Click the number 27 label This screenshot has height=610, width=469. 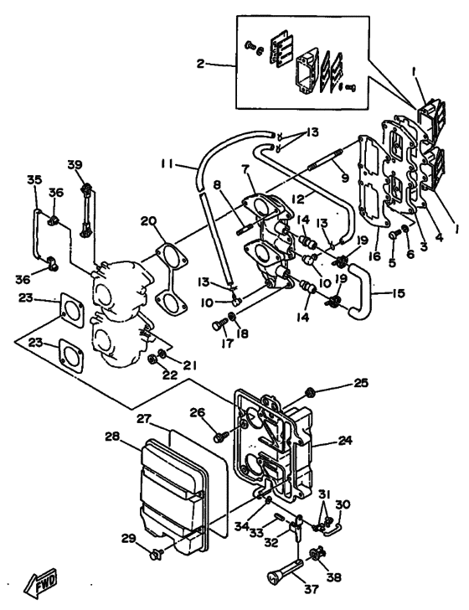(144, 418)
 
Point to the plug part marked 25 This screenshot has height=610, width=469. (312, 391)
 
